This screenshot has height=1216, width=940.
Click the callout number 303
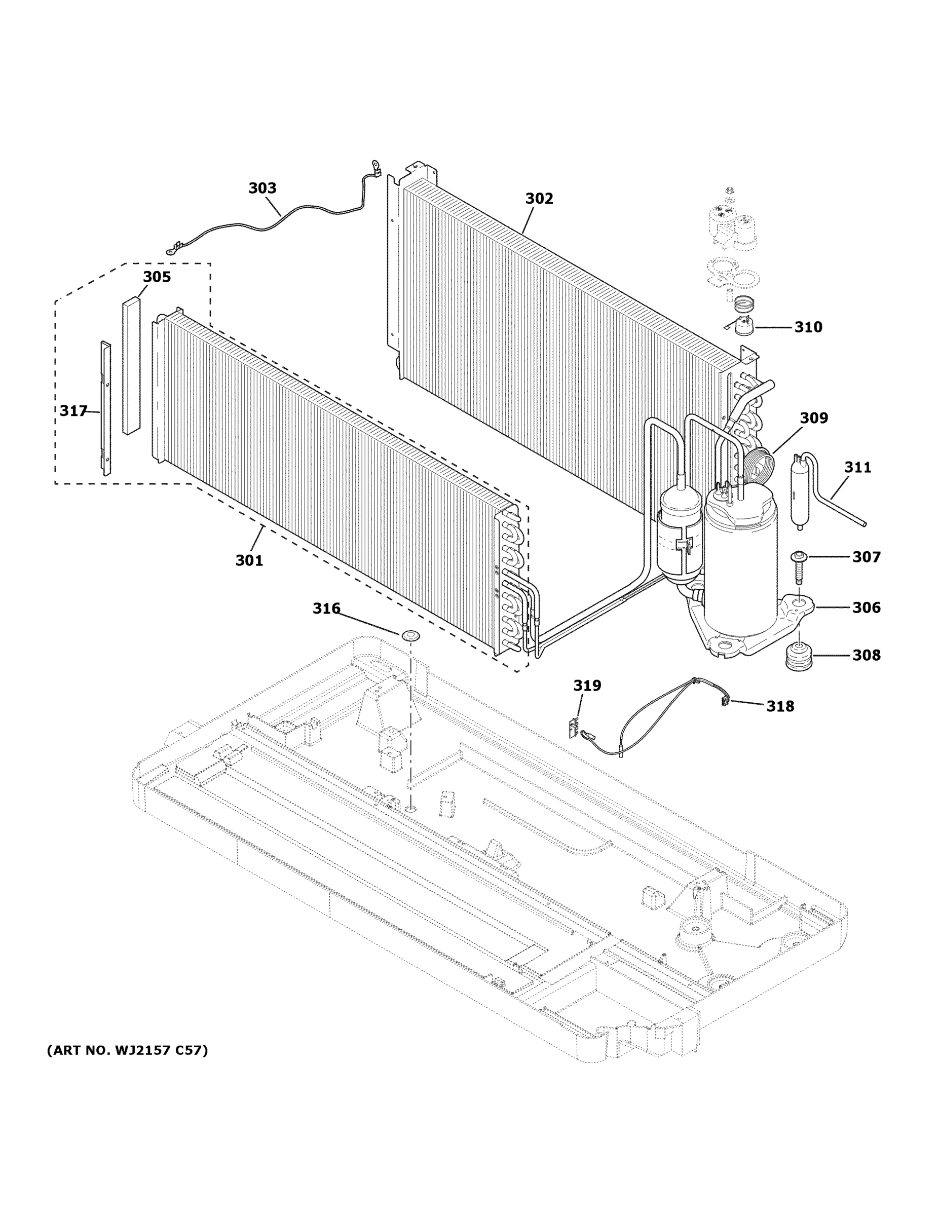click(x=262, y=188)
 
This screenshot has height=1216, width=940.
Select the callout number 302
click(x=539, y=199)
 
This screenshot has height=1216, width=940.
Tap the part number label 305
click(x=157, y=277)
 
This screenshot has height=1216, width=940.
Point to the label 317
click(x=73, y=411)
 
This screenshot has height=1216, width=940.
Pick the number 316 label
click(x=326, y=609)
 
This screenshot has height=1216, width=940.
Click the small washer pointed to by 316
click(x=410, y=634)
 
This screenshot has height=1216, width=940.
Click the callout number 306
click(x=866, y=607)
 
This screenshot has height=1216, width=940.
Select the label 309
click(x=814, y=417)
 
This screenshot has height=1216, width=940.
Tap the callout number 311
click(x=857, y=467)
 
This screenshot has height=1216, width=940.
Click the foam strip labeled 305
click(x=131, y=366)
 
